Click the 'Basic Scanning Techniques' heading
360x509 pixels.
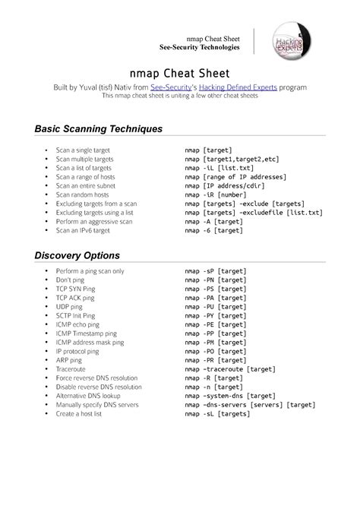click(x=99, y=128)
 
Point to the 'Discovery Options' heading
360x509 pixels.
click(x=77, y=254)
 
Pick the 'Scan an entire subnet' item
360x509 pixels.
click(x=88, y=185)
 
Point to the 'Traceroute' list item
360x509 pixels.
click(x=71, y=368)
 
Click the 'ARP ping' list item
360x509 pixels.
click(x=71, y=359)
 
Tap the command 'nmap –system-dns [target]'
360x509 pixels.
click(x=230, y=396)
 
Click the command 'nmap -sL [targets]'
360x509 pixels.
click(x=218, y=413)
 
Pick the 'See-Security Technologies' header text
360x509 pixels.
click(x=199, y=47)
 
